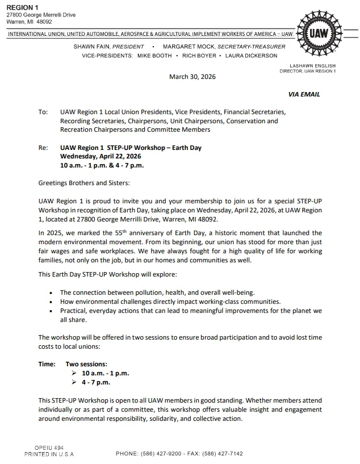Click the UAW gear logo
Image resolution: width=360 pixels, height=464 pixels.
(318, 33)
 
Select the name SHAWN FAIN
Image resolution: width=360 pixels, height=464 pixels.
(92, 46)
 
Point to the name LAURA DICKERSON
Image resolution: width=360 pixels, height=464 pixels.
(252, 56)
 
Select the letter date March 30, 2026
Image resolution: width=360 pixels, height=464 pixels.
(192, 77)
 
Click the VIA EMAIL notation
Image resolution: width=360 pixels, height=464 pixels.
(304, 94)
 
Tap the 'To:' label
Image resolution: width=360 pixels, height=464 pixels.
(43, 112)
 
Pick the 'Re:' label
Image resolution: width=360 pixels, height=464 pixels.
(43, 148)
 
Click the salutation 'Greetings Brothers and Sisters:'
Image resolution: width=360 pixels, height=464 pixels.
(84, 183)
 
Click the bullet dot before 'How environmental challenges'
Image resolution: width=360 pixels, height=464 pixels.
(52, 302)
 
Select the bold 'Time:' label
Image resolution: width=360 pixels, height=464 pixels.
(47, 364)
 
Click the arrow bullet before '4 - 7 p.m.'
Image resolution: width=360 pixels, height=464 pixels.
(74, 382)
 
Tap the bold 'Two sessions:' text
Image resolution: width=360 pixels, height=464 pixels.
(86, 364)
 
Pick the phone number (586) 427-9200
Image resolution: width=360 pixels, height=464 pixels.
(165, 454)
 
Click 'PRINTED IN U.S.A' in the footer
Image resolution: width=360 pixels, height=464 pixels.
(49, 454)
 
